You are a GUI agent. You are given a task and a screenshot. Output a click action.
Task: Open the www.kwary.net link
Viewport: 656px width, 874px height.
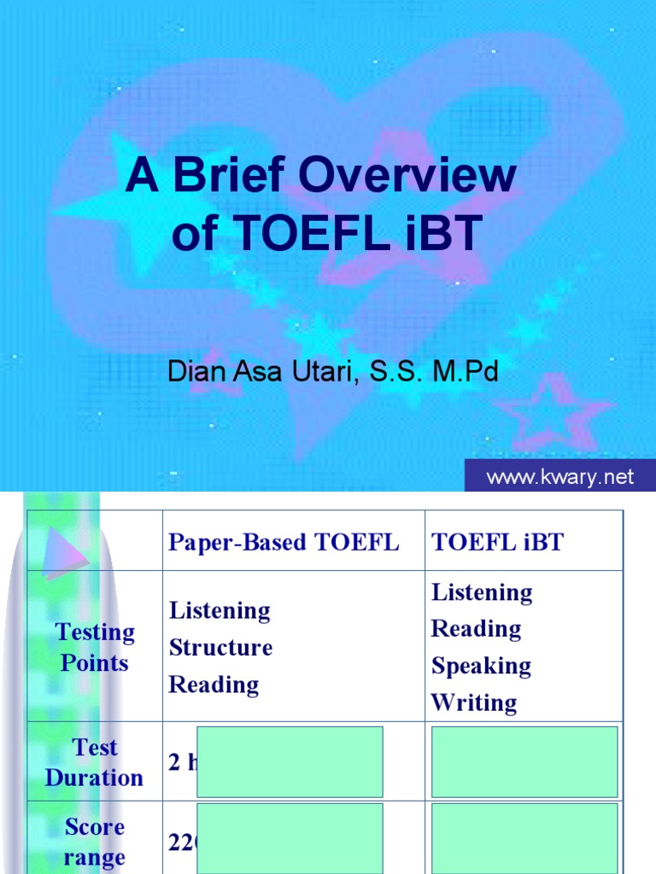559,477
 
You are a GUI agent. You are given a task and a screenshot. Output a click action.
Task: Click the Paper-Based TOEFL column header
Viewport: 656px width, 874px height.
284,543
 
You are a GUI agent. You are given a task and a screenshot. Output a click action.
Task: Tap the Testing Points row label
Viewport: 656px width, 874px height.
95,647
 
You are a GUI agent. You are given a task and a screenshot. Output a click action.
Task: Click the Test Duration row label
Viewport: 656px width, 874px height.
95,762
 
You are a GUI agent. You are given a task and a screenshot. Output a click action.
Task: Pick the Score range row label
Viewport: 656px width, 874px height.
95,842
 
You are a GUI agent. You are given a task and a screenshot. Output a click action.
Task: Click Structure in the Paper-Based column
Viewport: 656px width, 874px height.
220,647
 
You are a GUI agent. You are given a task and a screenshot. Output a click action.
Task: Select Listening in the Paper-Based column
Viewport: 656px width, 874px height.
220,610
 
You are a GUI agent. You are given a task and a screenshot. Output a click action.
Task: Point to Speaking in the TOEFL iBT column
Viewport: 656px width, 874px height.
481,666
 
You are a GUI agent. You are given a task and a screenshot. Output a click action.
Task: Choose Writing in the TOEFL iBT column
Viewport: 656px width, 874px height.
474,702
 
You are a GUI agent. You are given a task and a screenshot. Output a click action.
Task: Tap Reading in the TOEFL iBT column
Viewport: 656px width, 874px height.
476,629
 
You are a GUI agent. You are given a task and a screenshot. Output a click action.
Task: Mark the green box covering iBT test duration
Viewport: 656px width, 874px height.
524,761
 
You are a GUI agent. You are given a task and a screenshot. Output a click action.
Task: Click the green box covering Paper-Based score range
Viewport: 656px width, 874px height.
290,838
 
